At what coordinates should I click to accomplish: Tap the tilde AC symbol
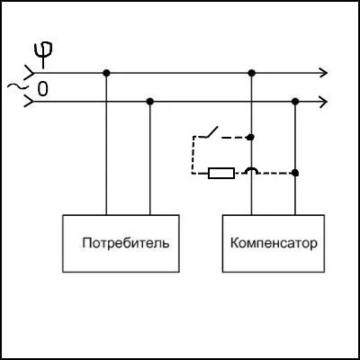point(15,86)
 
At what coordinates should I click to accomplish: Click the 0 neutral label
point(42,89)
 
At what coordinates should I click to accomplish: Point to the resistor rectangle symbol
point(221,173)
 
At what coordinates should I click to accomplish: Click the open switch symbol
point(210,133)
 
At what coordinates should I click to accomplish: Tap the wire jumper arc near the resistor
point(251,170)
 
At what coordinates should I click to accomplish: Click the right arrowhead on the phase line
point(323,73)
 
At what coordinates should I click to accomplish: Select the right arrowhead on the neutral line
point(323,102)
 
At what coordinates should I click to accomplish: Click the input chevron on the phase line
point(30,73)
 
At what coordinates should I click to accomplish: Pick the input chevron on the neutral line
point(30,102)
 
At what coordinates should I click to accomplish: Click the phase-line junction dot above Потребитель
point(106,73)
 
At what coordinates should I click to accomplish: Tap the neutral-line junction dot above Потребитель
point(150,102)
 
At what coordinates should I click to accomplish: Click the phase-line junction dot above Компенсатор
point(252,73)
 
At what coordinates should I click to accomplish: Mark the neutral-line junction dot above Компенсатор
point(295,102)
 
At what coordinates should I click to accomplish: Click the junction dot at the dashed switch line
point(251,137)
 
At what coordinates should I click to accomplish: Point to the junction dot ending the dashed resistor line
point(295,173)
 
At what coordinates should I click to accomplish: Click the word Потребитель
point(126,243)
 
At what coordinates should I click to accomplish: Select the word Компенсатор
point(274,243)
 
